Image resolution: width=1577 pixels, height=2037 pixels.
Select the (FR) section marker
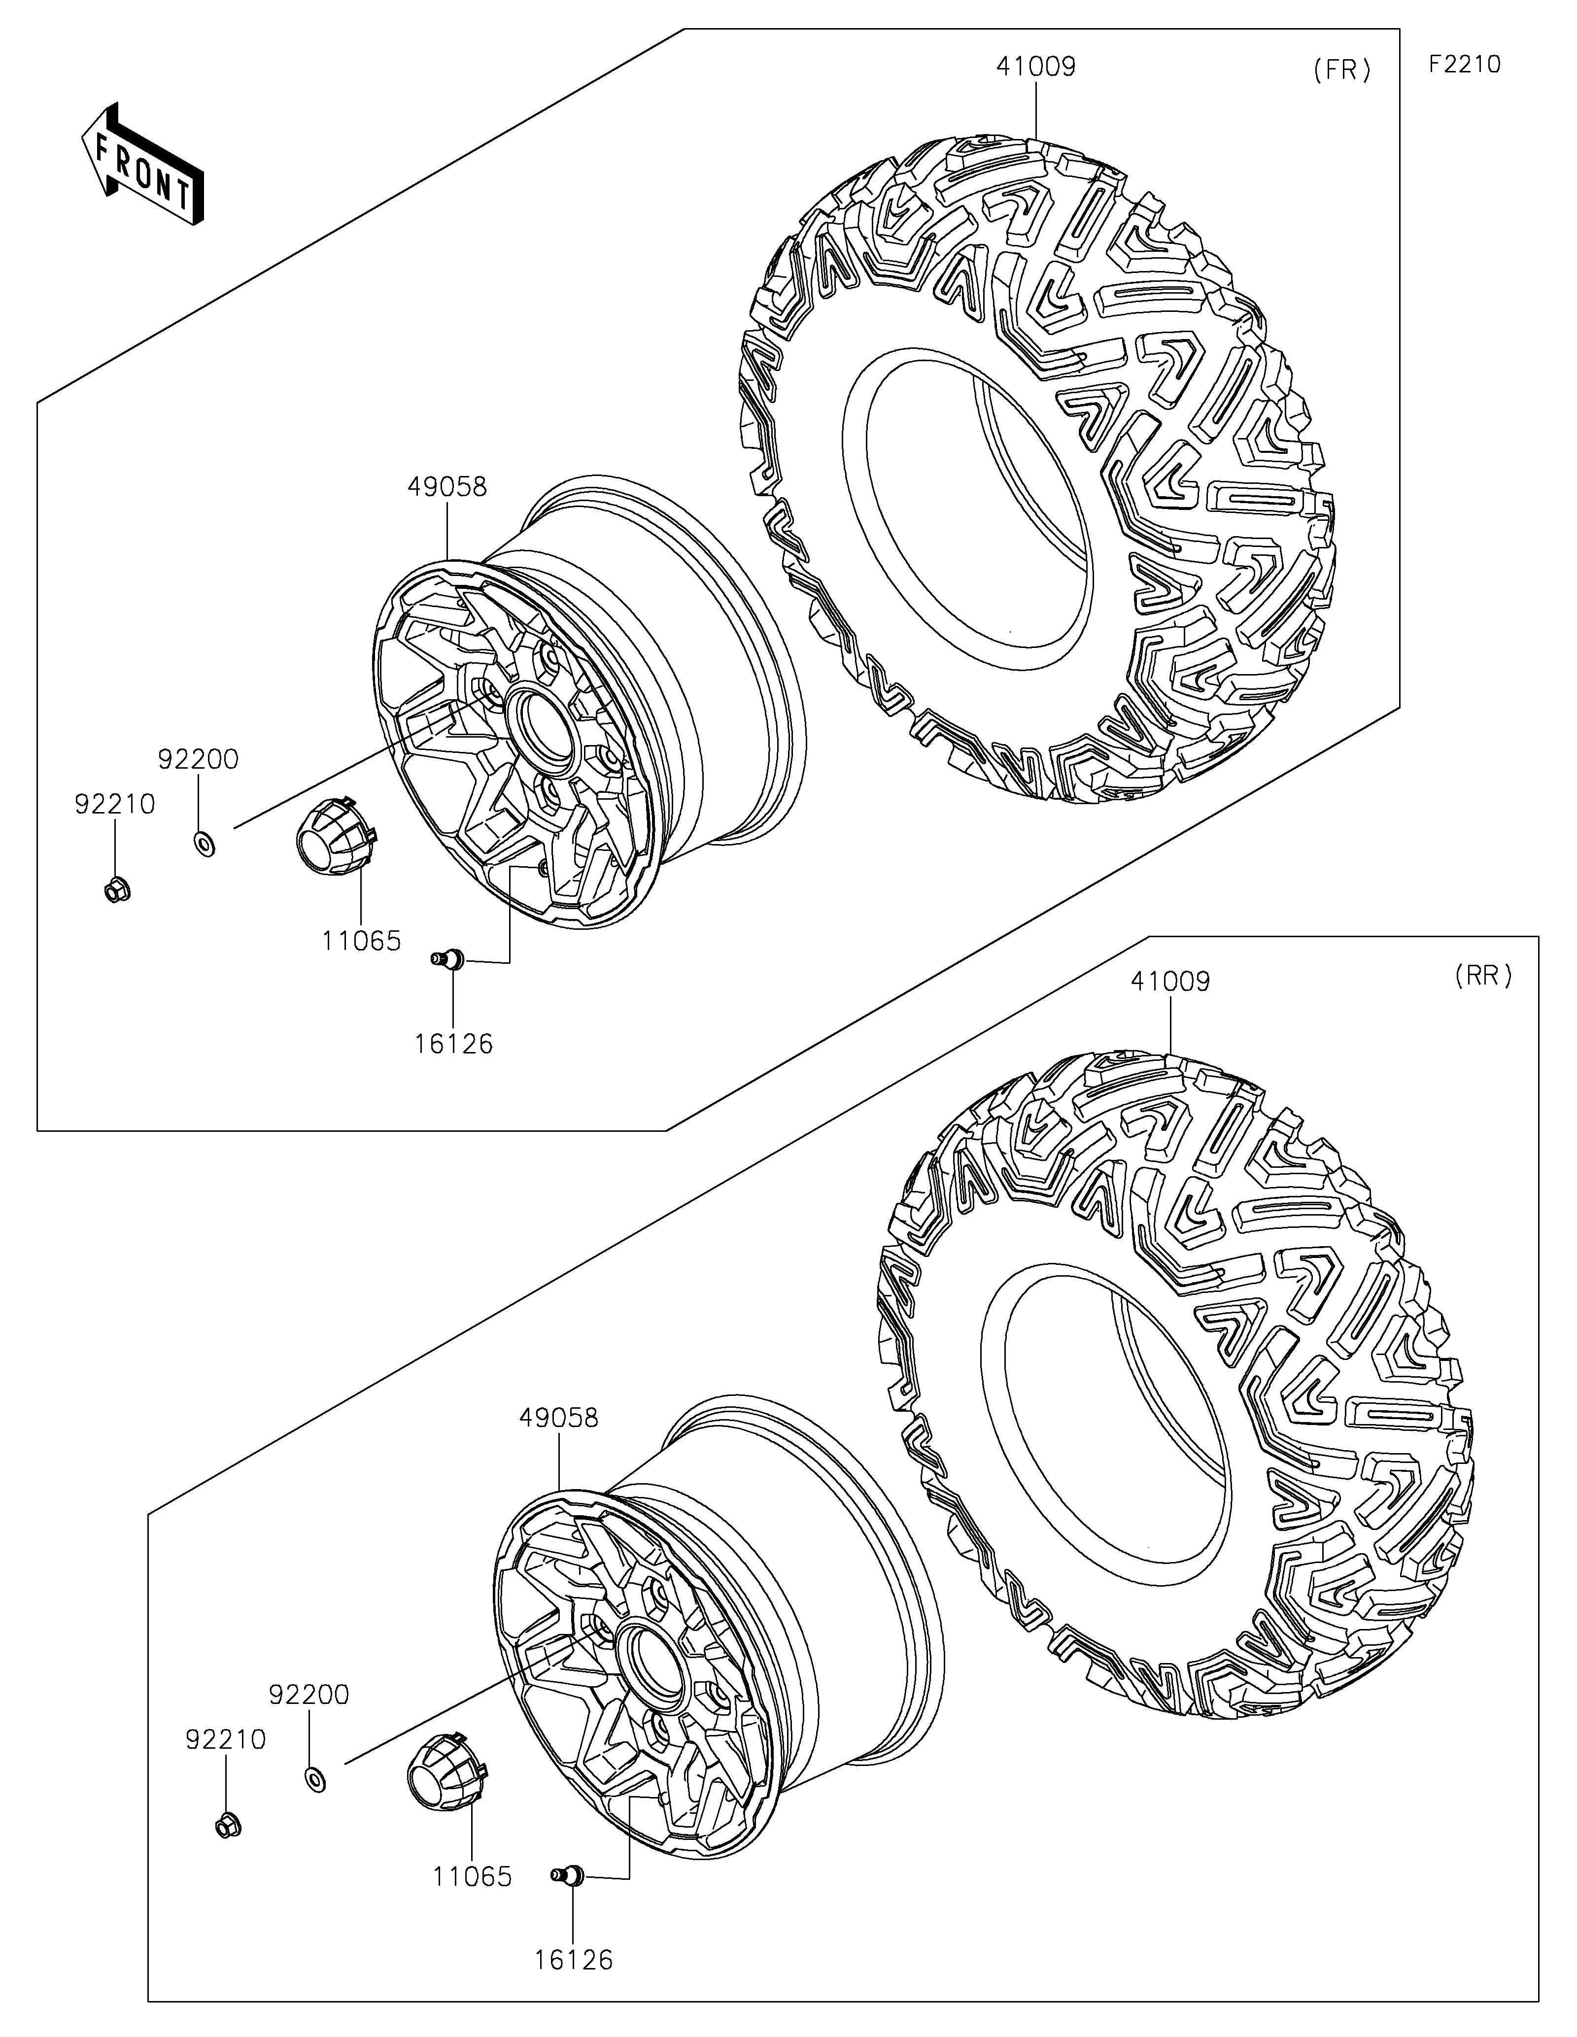pyautogui.click(x=1342, y=71)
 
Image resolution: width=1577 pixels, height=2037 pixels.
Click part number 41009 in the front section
pyautogui.click(x=1036, y=67)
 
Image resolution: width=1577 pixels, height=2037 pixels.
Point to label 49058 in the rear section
pyautogui.click(x=559, y=1418)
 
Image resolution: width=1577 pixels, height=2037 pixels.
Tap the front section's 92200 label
pyautogui.click(x=198, y=760)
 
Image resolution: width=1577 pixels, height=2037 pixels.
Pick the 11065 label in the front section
pyautogui.click(x=362, y=941)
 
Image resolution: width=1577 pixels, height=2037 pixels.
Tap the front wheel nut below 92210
pyautogui.click(x=117, y=891)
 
